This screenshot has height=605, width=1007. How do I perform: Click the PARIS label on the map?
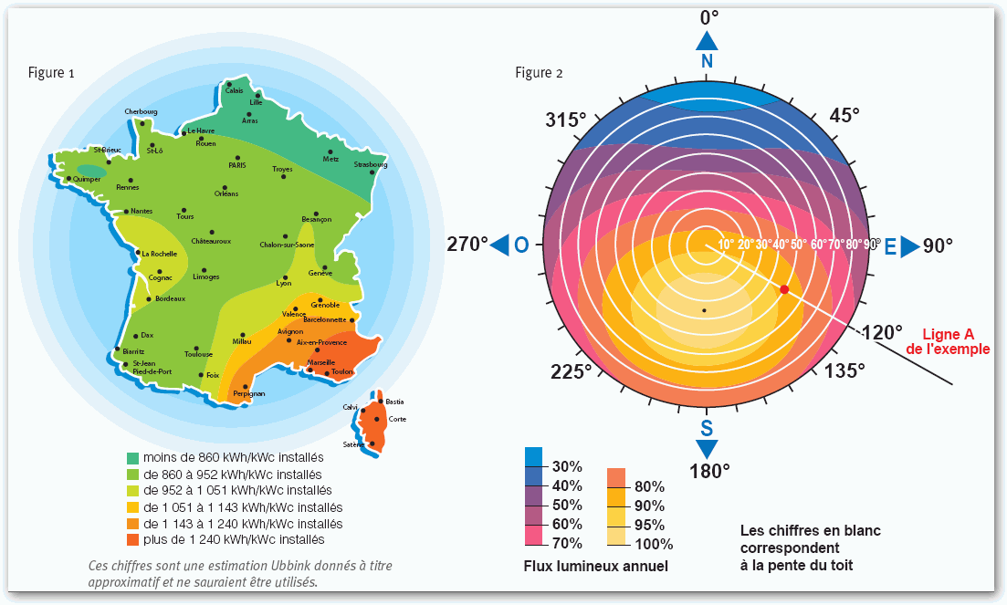pos(237,165)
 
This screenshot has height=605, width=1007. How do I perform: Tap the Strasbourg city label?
pos(371,164)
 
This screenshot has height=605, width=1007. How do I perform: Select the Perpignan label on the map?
pos(248,393)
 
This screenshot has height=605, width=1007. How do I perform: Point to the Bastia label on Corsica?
pos(394,402)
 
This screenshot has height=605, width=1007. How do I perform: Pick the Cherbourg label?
pos(142,112)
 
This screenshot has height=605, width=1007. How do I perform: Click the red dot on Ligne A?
pos(783,289)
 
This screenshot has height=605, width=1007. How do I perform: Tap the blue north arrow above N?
pos(707,41)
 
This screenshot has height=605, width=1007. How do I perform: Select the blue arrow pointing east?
pos(911,246)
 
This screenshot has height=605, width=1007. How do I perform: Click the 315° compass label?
pos(565,120)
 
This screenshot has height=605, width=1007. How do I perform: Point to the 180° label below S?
pos(708,472)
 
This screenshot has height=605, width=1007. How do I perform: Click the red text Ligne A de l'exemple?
pos(955,341)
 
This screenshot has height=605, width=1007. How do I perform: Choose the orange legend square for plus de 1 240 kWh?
pos(133,539)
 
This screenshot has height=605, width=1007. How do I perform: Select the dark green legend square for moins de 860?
pos(133,457)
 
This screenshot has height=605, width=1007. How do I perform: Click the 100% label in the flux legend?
pos(647,545)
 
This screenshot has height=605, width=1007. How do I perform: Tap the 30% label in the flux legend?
pos(567,466)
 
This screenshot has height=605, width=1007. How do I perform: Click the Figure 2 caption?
pos(539,73)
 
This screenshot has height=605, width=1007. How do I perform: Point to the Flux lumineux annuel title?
pos(595,567)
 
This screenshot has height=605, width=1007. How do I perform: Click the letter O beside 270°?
pos(521,245)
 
